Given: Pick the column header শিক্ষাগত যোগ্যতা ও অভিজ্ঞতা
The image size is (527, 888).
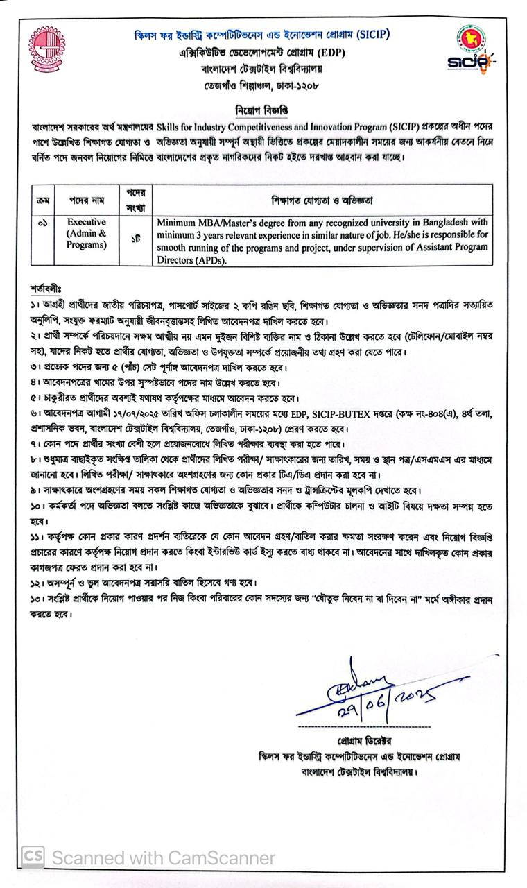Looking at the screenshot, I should pos(322,200).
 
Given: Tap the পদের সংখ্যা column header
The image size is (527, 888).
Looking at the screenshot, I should pos(135,200).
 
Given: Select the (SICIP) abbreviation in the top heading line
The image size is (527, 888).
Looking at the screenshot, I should pos(370,35).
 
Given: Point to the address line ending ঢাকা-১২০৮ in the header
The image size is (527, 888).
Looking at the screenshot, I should pos(262,85).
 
